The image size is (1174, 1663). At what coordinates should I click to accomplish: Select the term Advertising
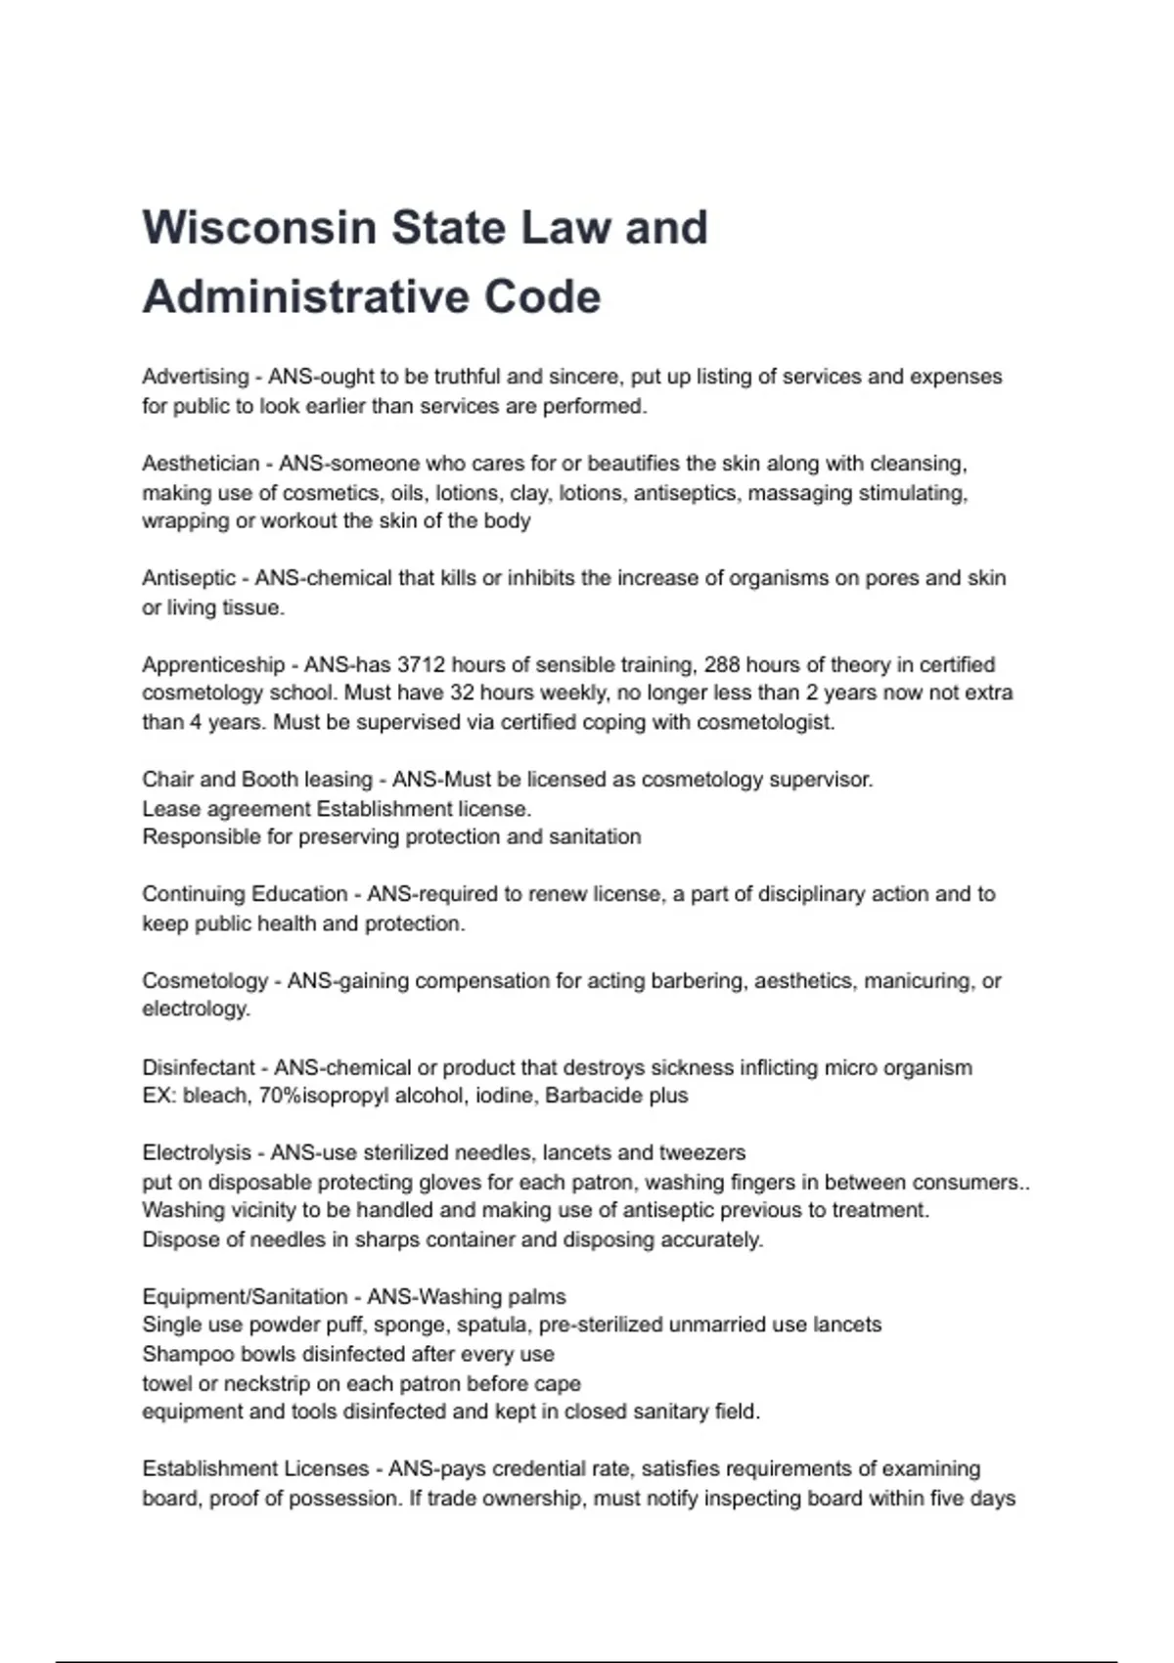[x=196, y=377]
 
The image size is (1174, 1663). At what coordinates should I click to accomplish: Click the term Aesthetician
[x=201, y=463]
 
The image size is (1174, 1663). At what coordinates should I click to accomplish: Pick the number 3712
[x=421, y=664]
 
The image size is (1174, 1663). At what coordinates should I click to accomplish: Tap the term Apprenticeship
[x=213, y=664]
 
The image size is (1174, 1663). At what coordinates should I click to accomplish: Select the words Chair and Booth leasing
[x=257, y=780]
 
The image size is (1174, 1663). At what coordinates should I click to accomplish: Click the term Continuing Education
[x=245, y=894]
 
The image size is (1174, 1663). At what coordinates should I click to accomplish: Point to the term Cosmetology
[x=205, y=980]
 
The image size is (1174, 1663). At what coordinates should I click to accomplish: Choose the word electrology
[x=195, y=1009]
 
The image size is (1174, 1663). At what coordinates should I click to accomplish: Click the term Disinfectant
[x=199, y=1067]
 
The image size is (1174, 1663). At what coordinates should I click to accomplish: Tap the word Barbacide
[x=589, y=1096]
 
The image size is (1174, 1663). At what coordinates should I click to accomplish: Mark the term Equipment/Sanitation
[x=245, y=1296]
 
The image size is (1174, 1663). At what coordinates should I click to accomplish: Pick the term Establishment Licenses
[x=255, y=1468]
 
